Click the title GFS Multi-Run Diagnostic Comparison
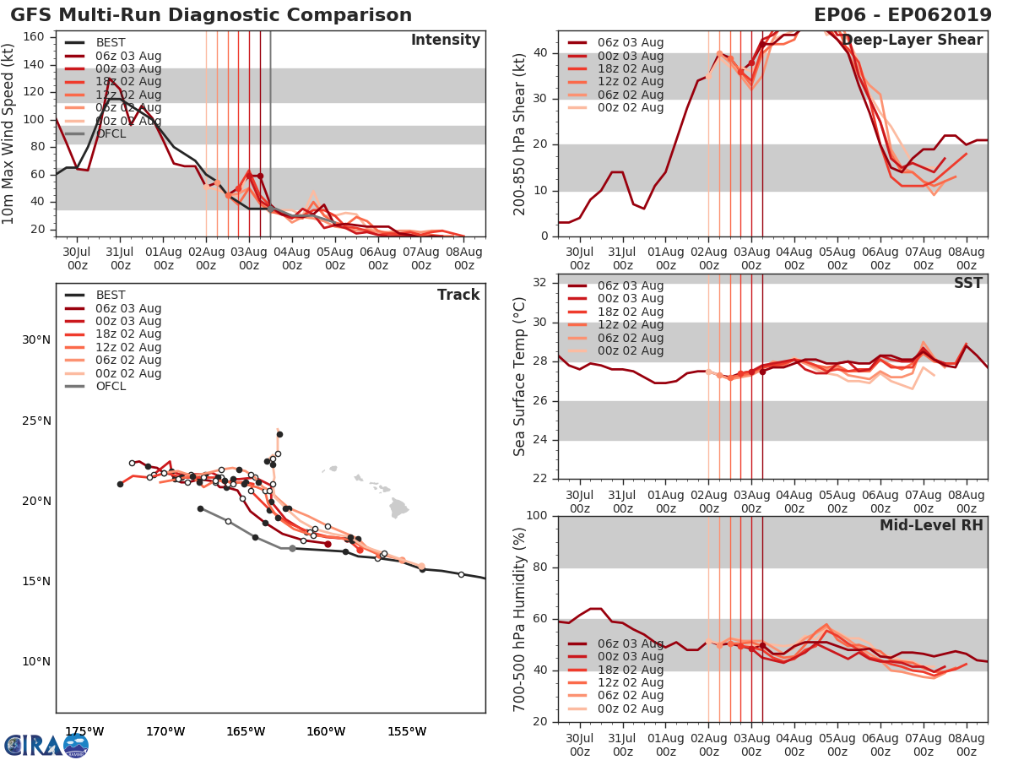[x=211, y=15]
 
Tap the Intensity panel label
[x=445, y=41]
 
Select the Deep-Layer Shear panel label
[x=913, y=41]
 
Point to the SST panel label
[x=967, y=283]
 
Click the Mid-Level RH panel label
[x=931, y=525]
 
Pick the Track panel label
[x=458, y=295]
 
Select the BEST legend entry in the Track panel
[x=111, y=295]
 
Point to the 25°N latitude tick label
[x=35, y=421]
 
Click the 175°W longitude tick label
[x=84, y=731]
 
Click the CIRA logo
[x=46, y=745]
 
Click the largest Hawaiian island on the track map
[x=399, y=508]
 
